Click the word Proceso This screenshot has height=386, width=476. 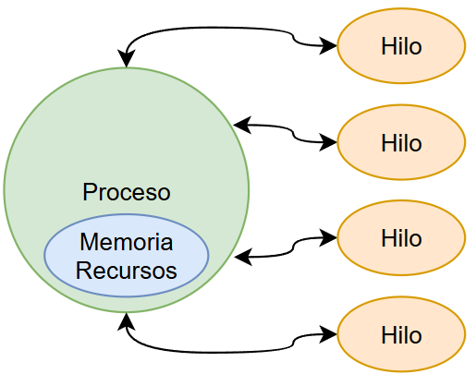(127, 193)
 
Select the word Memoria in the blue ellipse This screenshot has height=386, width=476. (127, 243)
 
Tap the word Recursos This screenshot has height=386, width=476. (127, 271)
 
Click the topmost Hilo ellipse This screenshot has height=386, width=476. (401, 45)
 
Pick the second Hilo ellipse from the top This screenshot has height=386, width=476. (401, 142)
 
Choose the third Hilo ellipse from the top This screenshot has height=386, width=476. (401, 238)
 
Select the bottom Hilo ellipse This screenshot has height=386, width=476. (401, 334)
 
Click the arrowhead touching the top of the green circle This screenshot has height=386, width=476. (127, 61)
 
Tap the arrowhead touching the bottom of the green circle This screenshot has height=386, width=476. (127, 320)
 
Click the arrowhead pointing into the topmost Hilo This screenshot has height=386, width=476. (330, 45)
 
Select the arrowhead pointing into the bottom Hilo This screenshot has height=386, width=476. (330, 334)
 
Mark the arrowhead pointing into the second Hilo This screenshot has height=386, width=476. (330, 142)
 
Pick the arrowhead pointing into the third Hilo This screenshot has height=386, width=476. (330, 238)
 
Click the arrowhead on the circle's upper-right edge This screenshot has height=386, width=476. (240, 124)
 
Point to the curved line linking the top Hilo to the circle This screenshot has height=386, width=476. (213, 30)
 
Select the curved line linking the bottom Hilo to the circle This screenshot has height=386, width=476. (213, 351)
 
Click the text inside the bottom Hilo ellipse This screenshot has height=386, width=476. (401, 334)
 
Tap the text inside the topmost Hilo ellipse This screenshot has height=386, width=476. (401, 45)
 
